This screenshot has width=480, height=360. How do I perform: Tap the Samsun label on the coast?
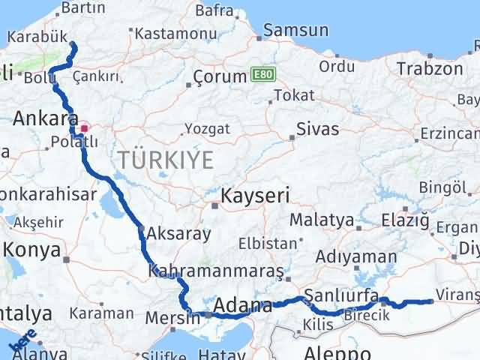pyautogui.click(x=297, y=31)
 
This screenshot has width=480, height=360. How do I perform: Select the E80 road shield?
pyautogui.click(x=260, y=75)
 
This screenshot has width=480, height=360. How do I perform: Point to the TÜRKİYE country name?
pyautogui.click(x=165, y=159)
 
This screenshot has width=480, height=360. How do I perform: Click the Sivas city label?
pyautogui.click(x=318, y=128)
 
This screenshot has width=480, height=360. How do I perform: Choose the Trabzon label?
pyautogui.click(x=430, y=68)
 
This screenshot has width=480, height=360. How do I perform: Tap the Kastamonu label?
pyautogui.click(x=166, y=33)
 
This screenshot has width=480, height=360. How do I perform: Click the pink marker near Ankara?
pyautogui.click(x=84, y=127)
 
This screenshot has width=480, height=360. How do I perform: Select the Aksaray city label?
pyautogui.click(x=180, y=233)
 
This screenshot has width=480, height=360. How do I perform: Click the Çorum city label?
pyautogui.click(x=220, y=76)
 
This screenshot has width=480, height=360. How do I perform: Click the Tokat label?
pyautogui.click(x=294, y=95)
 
